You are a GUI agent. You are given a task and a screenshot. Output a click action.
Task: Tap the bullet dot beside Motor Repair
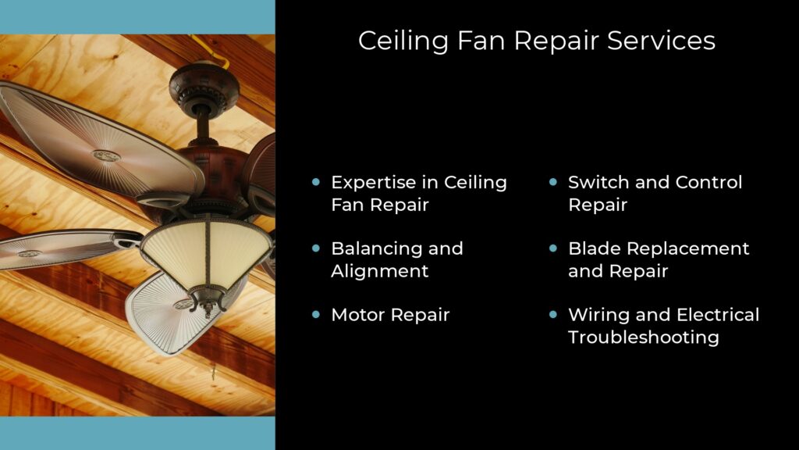click(x=316, y=315)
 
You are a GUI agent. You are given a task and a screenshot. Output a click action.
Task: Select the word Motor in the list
click(x=357, y=315)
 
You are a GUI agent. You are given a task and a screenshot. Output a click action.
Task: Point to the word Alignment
click(x=380, y=271)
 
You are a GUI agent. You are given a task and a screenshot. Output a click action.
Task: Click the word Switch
click(x=598, y=182)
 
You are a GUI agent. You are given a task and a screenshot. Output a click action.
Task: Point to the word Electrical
click(x=717, y=315)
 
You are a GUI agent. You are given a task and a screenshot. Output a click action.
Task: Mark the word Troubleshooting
click(x=643, y=337)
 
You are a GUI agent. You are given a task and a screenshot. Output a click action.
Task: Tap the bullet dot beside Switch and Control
click(x=553, y=182)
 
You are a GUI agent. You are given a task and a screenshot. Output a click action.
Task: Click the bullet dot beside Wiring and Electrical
click(x=553, y=315)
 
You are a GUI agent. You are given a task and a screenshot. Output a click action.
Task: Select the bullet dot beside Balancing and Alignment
click(x=316, y=248)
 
